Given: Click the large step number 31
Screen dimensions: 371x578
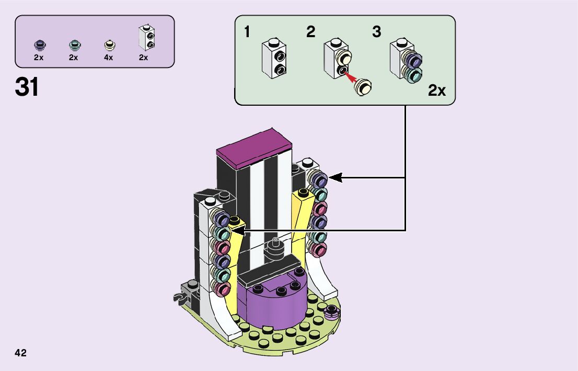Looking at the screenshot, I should [27, 87].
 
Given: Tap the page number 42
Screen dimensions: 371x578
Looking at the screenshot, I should [20, 353].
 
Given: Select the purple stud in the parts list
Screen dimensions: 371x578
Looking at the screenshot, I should [39, 45].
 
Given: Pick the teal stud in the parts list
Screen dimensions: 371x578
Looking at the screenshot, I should [74, 45].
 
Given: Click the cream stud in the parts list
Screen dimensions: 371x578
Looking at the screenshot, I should [109, 45].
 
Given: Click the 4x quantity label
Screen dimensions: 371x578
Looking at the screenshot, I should [108, 58].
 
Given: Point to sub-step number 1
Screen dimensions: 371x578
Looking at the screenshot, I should [247, 32].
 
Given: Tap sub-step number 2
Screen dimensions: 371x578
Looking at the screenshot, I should [310, 32].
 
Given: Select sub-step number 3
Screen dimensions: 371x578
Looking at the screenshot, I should [377, 32].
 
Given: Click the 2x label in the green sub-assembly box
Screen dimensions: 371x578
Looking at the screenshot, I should [437, 91].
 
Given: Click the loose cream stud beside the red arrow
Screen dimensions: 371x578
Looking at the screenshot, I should [364, 85].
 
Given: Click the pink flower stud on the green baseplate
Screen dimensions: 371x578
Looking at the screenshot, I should [331, 313].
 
